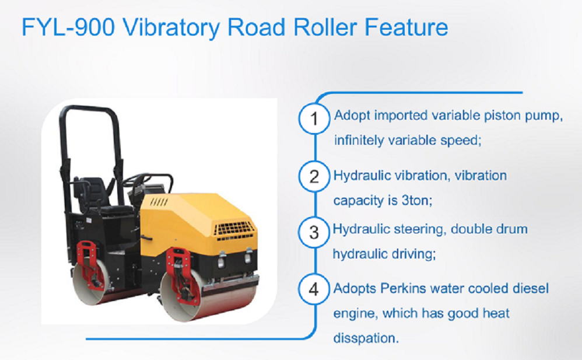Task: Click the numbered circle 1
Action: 315,120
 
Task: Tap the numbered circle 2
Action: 315,176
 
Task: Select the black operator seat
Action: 96,193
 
